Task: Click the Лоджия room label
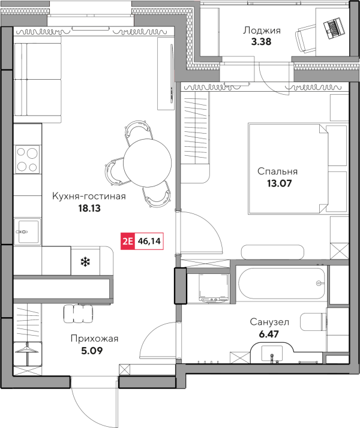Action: (x=262, y=31)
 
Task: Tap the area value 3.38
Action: (x=261, y=42)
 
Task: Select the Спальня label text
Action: (x=277, y=171)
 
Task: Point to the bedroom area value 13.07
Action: (x=279, y=183)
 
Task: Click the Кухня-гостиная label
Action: (x=89, y=196)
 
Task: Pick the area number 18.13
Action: (x=89, y=208)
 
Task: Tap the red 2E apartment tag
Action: (x=128, y=242)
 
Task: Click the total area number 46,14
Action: (x=149, y=242)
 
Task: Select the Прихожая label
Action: (x=94, y=339)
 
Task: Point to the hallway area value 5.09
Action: (x=92, y=351)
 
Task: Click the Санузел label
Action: (x=269, y=322)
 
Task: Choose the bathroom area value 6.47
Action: (x=269, y=334)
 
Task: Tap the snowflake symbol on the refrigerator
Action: (x=85, y=261)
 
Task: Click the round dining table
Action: (x=147, y=162)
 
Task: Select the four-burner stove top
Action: (x=28, y=159)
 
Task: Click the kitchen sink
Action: (x=28, y=231)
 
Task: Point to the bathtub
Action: (x=282, y=284)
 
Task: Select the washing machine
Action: (x=214, y=288)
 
